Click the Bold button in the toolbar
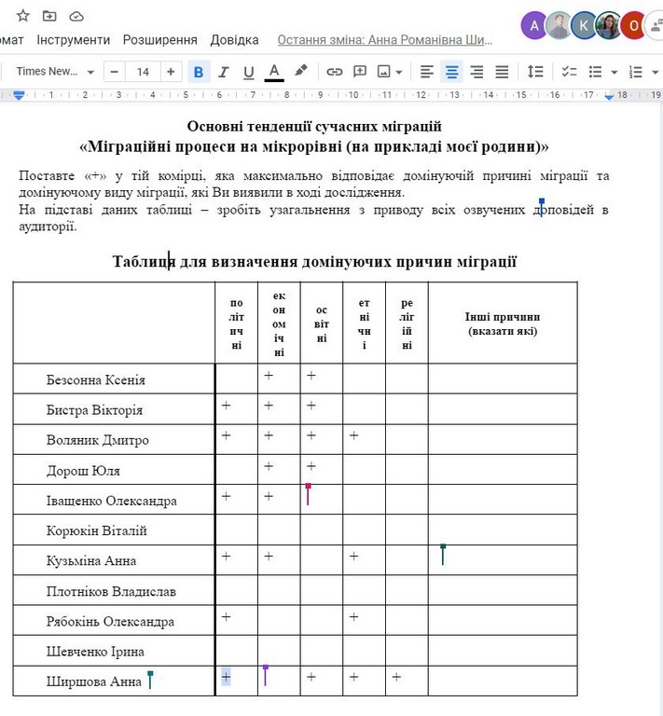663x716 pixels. click(x=199, y=72)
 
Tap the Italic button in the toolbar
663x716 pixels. click(x=224, y=72)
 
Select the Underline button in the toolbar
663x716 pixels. click(x=248, y=72)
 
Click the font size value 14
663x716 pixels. click(x=143, y=72)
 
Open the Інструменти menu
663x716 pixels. click(x=74, y=40)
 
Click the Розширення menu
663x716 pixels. click(x=160, y=40)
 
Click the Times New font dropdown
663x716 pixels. click(x=55, y=72)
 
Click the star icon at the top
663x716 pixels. click(x=23, y=16)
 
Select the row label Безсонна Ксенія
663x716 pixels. click(x=96, y=380)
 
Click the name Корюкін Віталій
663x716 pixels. click(x=97, y=531)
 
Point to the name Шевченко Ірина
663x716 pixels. click(x=96, y=652)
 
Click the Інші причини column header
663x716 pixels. click(x=503, y=324)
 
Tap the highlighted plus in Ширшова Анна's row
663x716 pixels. click(x=226, y=677)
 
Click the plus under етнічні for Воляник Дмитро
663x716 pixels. click(x=353, y=435)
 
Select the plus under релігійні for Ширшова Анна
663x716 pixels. click(x=396, y=677)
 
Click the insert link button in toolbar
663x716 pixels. click(x=334, y=72)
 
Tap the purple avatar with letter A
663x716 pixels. click(x=533, y=25)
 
